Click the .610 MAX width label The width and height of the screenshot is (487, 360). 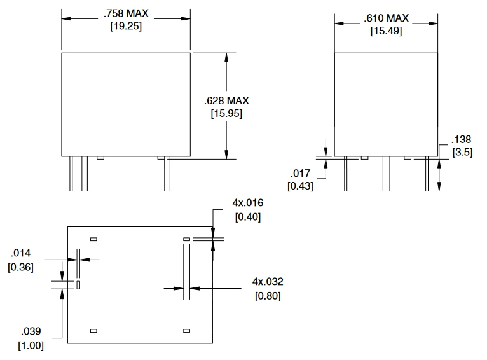click(x=386, y=17)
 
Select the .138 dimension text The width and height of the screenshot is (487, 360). click(x=462, y=139)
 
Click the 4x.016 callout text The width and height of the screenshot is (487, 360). click(x=248, y=203)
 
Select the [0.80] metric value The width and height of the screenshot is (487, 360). click(x=268, y=296)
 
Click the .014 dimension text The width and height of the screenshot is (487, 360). click(x=25, y=254)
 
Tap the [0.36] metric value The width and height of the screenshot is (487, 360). click(x=20, y=267)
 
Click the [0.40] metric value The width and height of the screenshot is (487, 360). click(x=248, y=217)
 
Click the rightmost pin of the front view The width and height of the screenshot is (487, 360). click(x=167, y=174)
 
